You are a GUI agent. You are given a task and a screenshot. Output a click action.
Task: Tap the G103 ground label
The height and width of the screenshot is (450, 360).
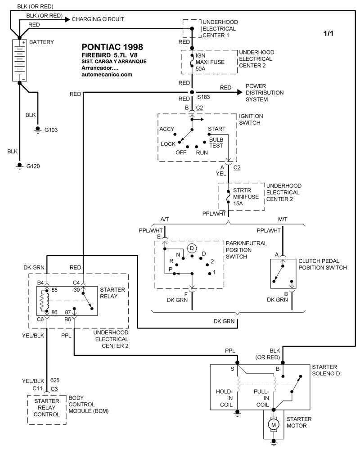coord(51,130)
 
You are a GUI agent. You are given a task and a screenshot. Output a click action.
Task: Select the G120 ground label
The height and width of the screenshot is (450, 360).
coord(33,166)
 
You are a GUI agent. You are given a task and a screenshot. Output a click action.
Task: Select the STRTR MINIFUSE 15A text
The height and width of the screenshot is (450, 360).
coord(245,197)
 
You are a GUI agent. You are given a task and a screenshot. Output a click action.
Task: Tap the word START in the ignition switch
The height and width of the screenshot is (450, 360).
coord(216,130)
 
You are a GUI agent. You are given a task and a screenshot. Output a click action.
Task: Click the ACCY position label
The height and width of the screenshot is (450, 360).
coord(167,130)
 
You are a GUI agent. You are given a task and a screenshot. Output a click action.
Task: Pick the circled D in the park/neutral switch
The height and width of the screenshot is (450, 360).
coord(191,248)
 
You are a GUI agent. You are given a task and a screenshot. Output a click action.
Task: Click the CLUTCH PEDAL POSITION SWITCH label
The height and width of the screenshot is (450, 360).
coord(323,264)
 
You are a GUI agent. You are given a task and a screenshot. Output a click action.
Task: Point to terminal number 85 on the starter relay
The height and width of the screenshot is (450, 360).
coord(54,290)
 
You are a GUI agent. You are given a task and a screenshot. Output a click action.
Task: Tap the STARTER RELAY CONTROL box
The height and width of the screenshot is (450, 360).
coord(47,409)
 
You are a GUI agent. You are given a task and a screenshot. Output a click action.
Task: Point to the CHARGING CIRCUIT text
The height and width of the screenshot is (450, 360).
coord(98,19)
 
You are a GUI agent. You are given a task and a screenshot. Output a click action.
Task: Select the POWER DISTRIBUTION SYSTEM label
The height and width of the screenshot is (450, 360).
coord(265,93)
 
